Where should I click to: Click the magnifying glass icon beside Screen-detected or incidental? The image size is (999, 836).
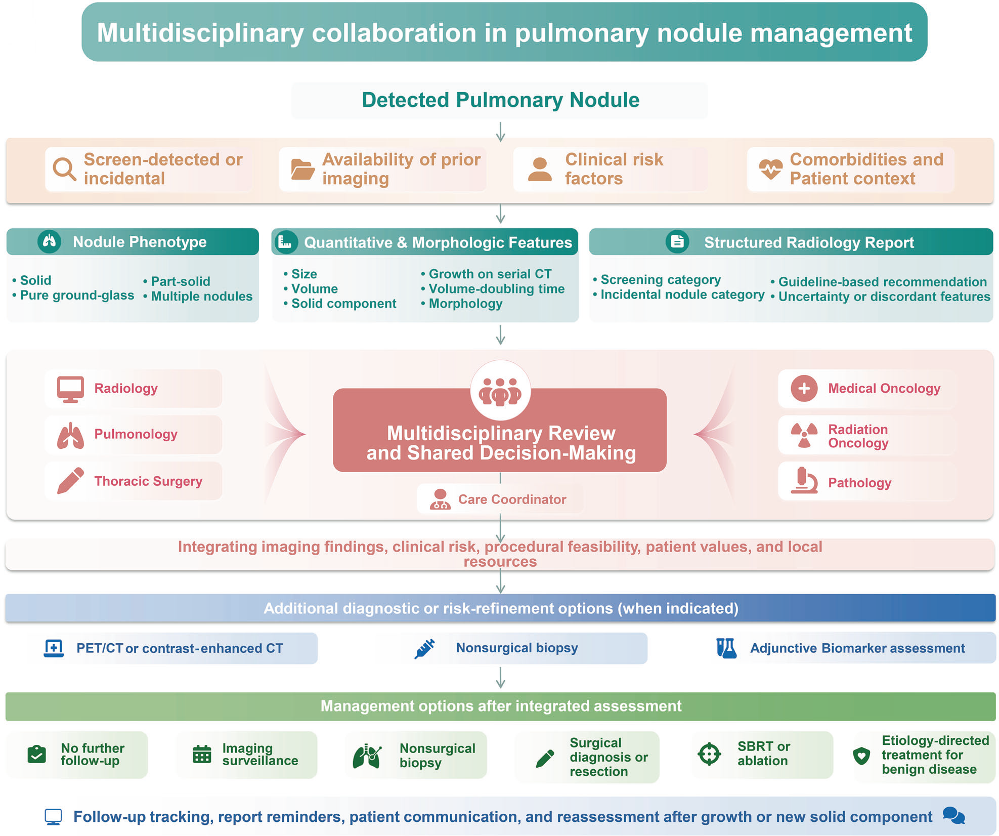(65, 169)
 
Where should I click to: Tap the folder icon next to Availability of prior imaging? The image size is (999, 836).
(303, 169)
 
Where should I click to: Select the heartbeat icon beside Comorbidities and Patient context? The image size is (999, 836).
(770, 169)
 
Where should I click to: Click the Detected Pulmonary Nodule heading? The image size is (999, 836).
(500, 100)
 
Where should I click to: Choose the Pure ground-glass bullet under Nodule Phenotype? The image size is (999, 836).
(73, 295)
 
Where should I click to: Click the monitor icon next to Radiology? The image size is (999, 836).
(70, 389)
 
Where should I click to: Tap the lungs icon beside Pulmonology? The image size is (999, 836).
(70, 435)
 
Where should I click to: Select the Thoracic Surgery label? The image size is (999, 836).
(148, 481)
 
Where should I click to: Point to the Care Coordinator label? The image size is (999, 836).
(512, 499)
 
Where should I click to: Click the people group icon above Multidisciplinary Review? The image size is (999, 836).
(500, 391)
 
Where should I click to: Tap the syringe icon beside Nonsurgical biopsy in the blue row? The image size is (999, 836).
(425, 648)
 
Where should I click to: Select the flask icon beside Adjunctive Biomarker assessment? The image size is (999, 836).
(726, 648)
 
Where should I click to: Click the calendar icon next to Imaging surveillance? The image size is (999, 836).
(202, 754)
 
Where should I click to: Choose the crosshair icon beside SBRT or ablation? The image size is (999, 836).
(709, 754)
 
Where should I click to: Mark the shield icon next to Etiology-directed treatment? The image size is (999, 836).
(861, 756)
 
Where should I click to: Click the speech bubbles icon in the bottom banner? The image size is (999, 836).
(954, 815)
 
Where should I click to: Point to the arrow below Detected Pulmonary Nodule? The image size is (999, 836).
(500, 132)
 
